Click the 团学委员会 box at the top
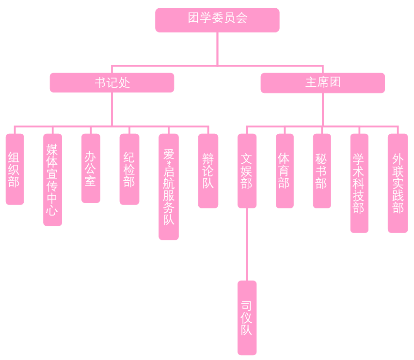pyautogui.click(x=217, y=20)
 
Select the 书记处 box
pyautogui.click(x=112, y=82)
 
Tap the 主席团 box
pyautogui.click(x=322, y=82)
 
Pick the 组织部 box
pyautogui.click(x=15, y=169)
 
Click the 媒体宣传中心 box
pyautogui.click(x=52, y=179)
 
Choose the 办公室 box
pyautogui.click(x=91, y=168)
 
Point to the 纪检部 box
pyautogui.click(x=129, y=169)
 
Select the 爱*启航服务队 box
pyautogui.click(x=169, y=187)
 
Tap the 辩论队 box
pyautogui.click(x=208, y=171)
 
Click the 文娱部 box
pyautogui.click(x=247, y=171)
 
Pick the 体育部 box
pyautogui.click(x=285, y=171)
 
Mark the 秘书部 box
pyautogui.click(x=322, y=171)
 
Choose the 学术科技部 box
pyautogui.click(x=359, y=183)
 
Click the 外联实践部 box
pyautogui.click(x=398, y=183)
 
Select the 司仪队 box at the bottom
pyautogui.click(x=247, y=318)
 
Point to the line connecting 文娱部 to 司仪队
pyautogui.click(x=247, y=245)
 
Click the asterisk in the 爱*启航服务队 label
pyautogui.click(x=169, y=163)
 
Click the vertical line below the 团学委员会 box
pyautogui.click(x=217, y=48)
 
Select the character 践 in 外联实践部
pyautogui.click(x=398, y=195)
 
